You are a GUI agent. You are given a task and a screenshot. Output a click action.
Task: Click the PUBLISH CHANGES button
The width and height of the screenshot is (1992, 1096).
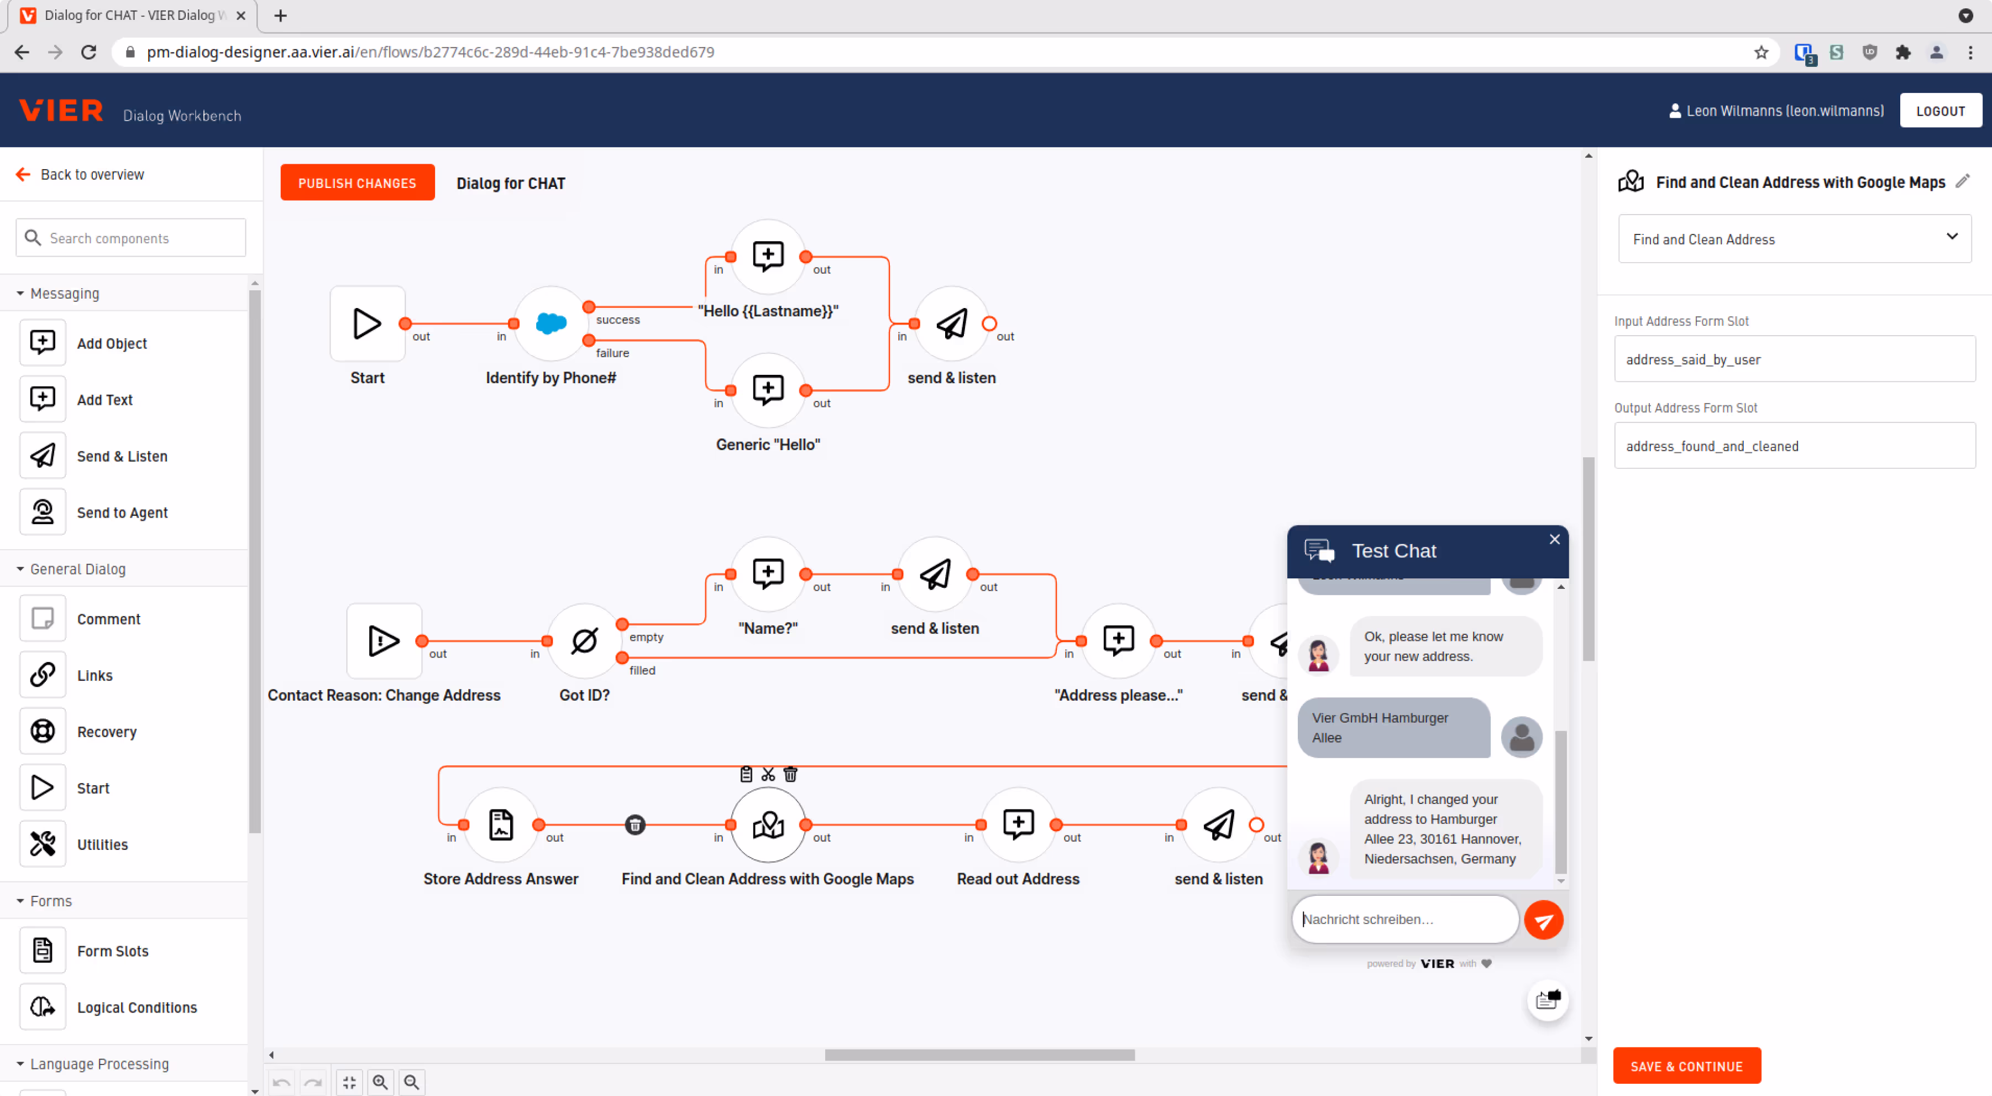coord(357,182)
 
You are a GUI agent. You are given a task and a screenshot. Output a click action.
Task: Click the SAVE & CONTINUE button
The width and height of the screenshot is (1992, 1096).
coord(1686,1066)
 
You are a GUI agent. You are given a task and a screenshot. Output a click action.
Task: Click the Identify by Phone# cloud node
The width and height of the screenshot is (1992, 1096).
coord(551,323)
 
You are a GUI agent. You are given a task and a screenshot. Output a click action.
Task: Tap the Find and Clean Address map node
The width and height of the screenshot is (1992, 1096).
coord(768,824)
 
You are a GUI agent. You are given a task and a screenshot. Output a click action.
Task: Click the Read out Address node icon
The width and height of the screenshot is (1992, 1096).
coord(1018,824)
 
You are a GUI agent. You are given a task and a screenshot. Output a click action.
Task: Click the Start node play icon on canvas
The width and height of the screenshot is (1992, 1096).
coord(368,323)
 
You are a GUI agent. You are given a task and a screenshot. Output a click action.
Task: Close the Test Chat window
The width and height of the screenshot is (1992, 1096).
coord(1554,539)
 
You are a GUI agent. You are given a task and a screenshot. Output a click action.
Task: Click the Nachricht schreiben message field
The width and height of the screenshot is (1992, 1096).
coord(1403,919)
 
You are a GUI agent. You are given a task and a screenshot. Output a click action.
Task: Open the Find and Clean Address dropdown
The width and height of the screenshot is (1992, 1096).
coord(1794,239)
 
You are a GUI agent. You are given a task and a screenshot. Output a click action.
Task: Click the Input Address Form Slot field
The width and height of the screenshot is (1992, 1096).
coord(1794,359)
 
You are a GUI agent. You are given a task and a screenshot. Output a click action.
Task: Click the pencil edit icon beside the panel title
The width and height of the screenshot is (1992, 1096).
coord(1962,181)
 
